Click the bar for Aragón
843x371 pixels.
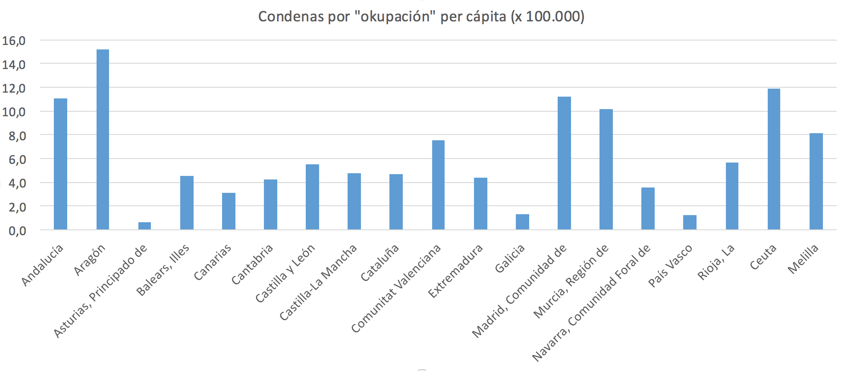[x=103, y=139]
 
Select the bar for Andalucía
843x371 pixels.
[x=61, y=164]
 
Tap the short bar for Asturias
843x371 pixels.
[x=145, y=226]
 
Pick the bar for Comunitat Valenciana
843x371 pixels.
[x=438, y=185]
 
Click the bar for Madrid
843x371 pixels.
[x=564, y=163]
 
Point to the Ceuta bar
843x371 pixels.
[x=774, y=159]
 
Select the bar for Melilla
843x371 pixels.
[x=816, y=181]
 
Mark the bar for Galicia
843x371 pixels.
[x=523, y=222]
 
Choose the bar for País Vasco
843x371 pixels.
[x=690, y=222]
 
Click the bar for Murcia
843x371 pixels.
[x=606, y=169]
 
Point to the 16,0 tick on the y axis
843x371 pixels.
[x=14, y=41]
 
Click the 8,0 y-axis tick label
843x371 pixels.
[x=17, y=136]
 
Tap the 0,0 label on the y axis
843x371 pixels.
[x=17, y=231]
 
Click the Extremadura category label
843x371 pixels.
[x=455, y=271]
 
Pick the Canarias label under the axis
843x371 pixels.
[x=212, y=263]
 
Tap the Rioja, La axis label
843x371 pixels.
[x=716, y=262]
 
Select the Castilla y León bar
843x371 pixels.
[x=312, y=197]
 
